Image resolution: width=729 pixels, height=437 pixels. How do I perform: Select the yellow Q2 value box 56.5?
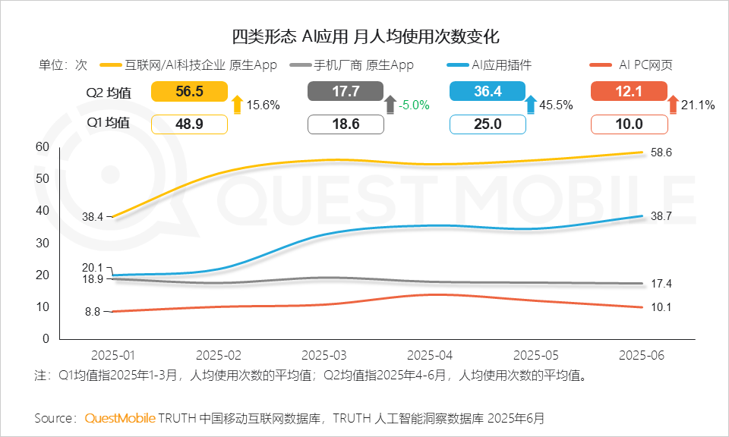coord(189,92)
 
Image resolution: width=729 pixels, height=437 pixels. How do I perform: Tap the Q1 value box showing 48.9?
coord(189,124)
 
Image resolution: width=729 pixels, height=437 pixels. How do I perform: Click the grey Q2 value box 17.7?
coord(345,92)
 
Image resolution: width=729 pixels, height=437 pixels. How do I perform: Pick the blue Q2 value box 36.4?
coord(487,92)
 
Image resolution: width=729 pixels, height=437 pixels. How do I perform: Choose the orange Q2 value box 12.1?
coord(629,92)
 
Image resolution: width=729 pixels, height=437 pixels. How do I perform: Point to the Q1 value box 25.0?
coord(487,124)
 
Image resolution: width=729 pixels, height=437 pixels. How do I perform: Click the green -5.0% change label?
coord(415,105)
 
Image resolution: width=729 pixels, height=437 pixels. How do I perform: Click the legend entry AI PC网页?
coord(645,65)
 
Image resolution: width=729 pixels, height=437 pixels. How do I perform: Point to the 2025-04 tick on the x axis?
coord(430,355)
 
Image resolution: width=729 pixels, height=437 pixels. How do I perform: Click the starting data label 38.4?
coord(93,216)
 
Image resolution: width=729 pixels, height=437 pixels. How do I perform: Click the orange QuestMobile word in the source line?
coord(120,418)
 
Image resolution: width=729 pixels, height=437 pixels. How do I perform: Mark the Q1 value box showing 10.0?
coord(629,124)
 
